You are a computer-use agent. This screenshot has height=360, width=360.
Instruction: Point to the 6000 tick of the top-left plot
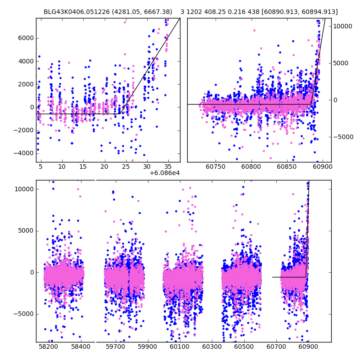click(27, 38)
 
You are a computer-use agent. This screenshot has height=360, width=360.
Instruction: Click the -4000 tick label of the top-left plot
click(25, 153)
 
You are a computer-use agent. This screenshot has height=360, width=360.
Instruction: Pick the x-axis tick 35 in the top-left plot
click(168, 167)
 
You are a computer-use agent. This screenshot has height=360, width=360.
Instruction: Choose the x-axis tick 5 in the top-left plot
click(40, 167)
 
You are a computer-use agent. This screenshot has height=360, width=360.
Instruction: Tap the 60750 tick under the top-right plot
click(215, 167)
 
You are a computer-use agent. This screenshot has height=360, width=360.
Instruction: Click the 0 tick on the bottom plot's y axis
click(32, 272)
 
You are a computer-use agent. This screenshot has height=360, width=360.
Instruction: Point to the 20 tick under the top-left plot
click(104, 167)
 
